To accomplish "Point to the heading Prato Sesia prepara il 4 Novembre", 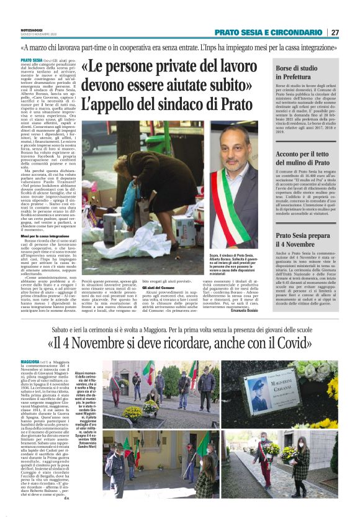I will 302,240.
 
